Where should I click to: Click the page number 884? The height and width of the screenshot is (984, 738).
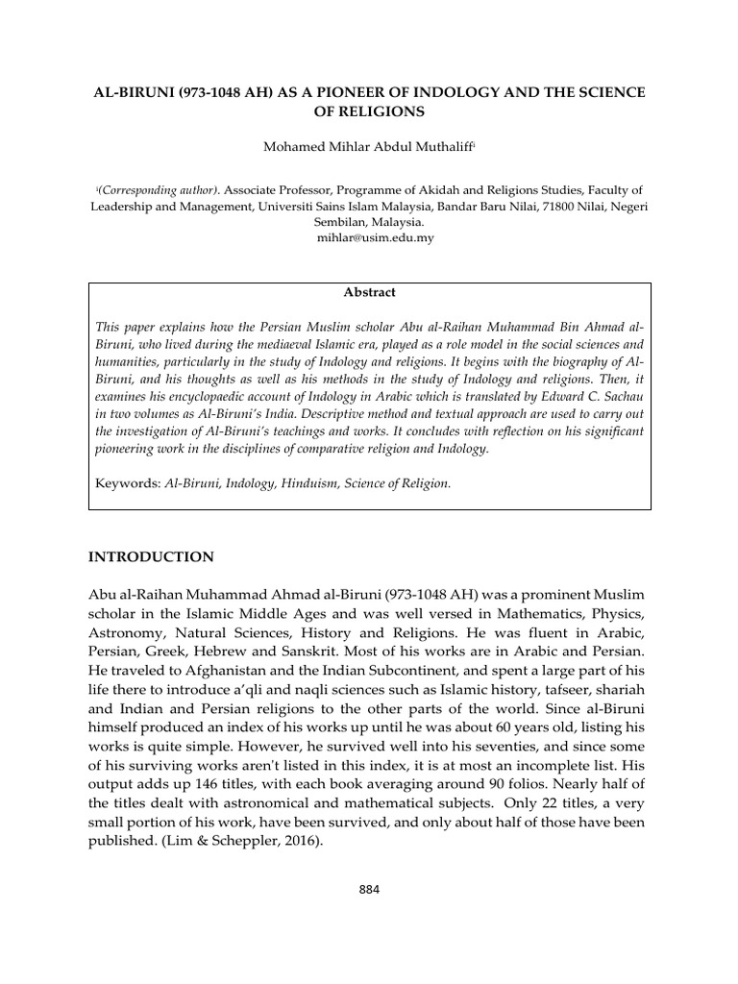(369, 889)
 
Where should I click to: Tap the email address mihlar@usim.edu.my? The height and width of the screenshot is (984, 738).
(369, 237)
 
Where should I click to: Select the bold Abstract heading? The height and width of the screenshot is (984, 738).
(370, 292)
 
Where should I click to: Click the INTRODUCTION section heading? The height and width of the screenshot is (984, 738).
(151, 556)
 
